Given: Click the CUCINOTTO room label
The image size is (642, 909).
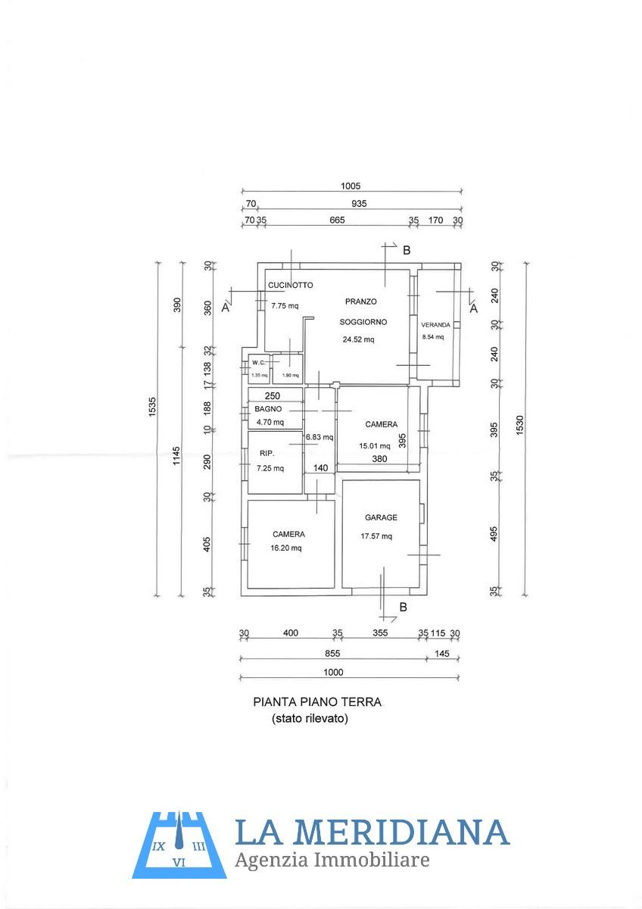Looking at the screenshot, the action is click(291, 286).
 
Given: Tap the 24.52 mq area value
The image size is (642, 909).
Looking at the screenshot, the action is click(359, 339).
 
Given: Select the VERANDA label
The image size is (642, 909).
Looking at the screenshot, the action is click(435, 325).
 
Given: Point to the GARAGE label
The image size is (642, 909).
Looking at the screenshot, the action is click(381, 517).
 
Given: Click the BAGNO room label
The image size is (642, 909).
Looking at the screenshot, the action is click(268, 409).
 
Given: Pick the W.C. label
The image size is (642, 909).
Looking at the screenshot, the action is click(259, 362).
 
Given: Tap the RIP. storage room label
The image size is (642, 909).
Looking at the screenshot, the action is click(266, 454).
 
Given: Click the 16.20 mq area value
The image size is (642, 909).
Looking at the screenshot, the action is click(286, 548).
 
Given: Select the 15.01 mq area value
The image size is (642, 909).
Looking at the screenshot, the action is click(374, 445).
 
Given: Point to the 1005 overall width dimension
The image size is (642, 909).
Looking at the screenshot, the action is click(351, 186).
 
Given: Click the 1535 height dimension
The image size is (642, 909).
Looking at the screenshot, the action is click(152, 407).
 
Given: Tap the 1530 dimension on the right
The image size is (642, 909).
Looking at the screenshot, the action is click(520, 425).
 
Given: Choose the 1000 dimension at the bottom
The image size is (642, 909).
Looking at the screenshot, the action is click(333, 673).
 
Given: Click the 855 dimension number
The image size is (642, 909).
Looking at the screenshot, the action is click(332, 653).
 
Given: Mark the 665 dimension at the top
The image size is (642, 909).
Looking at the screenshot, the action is click(337, 220).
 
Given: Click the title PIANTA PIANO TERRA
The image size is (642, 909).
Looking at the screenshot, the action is click(317, 702).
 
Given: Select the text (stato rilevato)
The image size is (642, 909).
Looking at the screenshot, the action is click(310, 719).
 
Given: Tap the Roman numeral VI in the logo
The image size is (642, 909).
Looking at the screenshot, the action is click(179, 862).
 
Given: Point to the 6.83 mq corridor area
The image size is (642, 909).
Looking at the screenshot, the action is click(319, 437).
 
